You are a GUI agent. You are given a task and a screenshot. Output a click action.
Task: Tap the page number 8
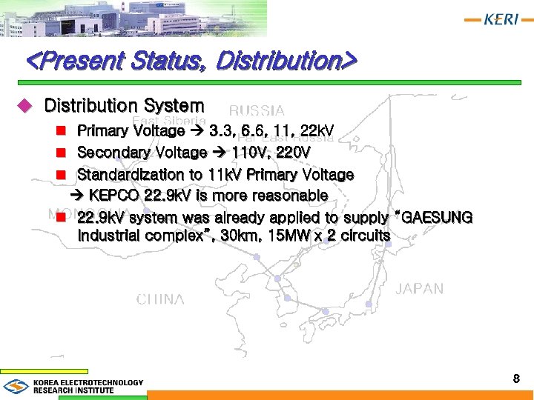coord(515,379)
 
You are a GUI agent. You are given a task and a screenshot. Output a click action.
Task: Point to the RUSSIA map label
coord(257,111)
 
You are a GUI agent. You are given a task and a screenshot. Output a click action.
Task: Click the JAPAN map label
coord(419,288)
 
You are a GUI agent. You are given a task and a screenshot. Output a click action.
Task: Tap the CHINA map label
coord(160,299)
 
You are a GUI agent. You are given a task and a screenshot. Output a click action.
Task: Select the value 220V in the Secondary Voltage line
coord(292,153)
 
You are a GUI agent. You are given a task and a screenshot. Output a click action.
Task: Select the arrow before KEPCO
coord(79,196)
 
